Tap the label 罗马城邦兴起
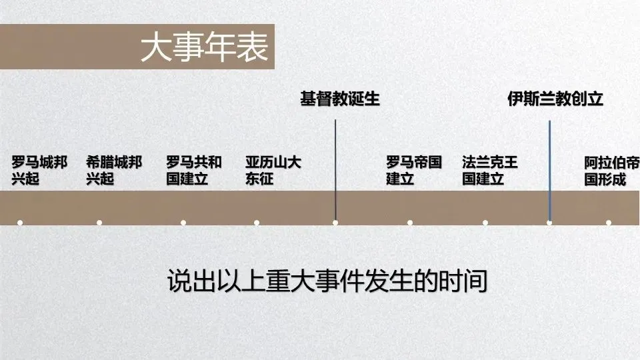(39, 171)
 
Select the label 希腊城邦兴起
(114, 171)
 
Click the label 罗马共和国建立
(194, 171)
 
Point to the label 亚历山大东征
(273, 171)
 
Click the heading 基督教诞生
(339, 99)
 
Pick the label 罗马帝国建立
(414, 171)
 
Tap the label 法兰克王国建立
(490, 171)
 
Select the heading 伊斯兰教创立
(555, 99)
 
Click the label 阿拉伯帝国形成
(611, 171)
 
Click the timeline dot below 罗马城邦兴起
(20, 223)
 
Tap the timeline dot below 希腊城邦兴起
(99, 223)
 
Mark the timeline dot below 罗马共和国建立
(183, 223)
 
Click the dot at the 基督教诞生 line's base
(335, 223)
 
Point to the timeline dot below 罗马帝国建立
(410, 223)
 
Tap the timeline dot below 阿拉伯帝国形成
(609, 223)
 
